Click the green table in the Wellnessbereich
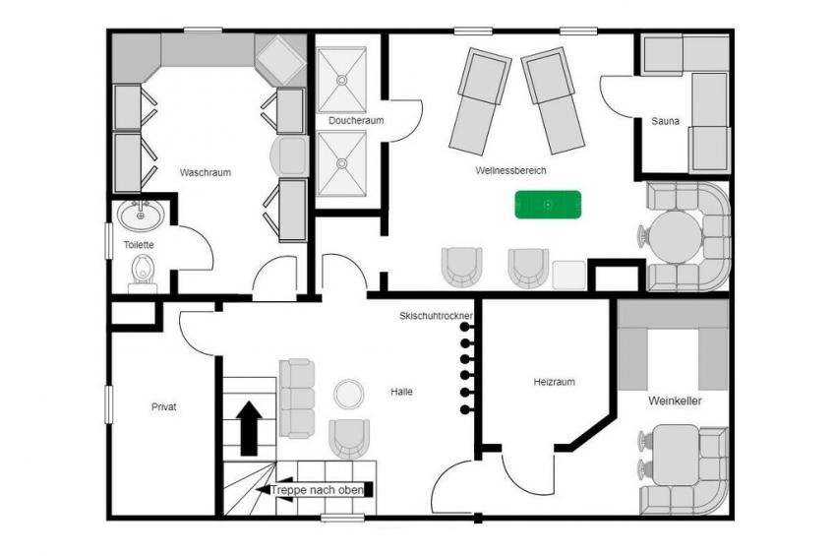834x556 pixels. tap(548, 205)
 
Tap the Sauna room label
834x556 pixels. tap(665, 121)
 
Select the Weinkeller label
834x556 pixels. tap(675, 401)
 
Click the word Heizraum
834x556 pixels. tap(554, 382)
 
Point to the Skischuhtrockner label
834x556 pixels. tap(436, 316)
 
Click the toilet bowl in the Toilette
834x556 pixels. tap(143, 270)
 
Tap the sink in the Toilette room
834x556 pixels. tap(141, 215)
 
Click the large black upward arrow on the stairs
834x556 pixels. tap(249, 428)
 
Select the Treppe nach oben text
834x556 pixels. tap(317, 490)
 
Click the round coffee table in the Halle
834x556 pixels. tap(349, 394)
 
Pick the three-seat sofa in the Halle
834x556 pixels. tap(297, 399)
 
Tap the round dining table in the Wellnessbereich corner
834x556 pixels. tap(675, 237)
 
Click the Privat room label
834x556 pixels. tap(164, 407)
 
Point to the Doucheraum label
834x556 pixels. tap(356, 120)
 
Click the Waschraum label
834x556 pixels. tap(206, 172)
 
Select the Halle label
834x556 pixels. tap(401, 392)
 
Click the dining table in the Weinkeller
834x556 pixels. tap(676, 455)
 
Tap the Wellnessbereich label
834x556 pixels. tap(510, 170)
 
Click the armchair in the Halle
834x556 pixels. tap(349, 438)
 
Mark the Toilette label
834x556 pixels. tap(139, 245)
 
